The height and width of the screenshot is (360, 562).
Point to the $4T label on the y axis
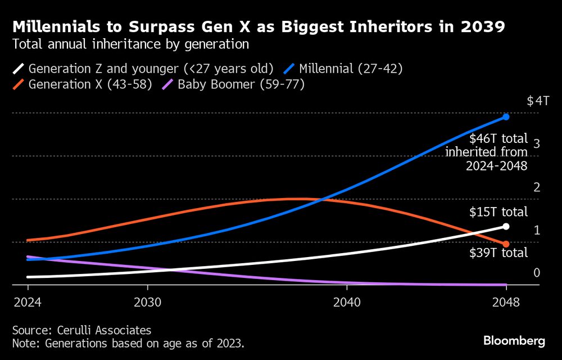(538, 101)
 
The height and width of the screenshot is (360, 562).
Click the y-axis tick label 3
(537, 144)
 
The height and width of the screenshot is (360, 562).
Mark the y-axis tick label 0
(537, 273)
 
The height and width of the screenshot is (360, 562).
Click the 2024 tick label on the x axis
(28, 301)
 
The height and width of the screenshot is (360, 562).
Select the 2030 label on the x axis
(147, 301)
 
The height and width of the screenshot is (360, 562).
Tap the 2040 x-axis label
(347, 301)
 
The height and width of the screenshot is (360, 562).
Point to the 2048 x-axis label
(506, 301)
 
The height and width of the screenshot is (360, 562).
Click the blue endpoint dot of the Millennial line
(506, 117)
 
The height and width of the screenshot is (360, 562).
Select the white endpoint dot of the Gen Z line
(506, 226)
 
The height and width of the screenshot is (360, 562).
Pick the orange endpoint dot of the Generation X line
(506, 244)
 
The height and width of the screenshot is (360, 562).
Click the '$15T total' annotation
(498, 212)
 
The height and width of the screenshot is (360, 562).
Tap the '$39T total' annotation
(498, 253)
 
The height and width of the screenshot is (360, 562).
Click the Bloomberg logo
(514, 340)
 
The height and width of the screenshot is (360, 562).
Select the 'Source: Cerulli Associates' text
(81, 330)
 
